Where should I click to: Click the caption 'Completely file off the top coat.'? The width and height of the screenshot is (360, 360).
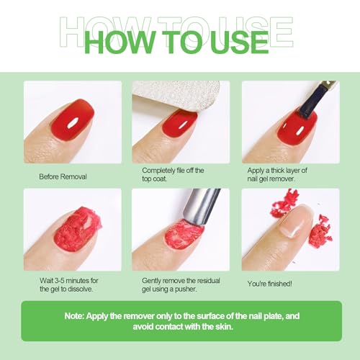[174, 175]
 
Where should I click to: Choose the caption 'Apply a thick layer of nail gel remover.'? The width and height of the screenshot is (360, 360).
[284, 175]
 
